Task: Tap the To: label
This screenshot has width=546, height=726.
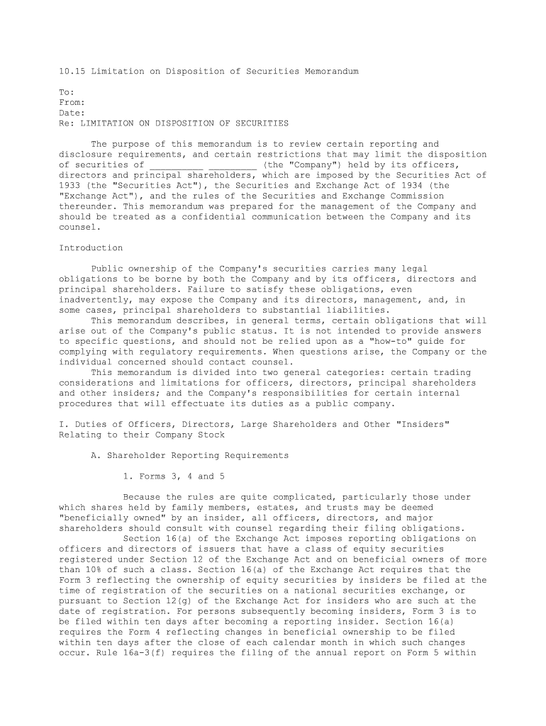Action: (67, 92)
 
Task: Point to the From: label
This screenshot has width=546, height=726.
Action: (72, 103)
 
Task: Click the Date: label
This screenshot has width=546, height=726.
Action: (72, 113)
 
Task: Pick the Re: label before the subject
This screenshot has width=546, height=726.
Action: (67, 123)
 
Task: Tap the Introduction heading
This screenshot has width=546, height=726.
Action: (91, 248)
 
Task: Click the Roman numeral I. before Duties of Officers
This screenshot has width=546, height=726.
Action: (62, 424)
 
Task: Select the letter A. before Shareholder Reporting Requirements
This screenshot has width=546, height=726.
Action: (96, 455)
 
